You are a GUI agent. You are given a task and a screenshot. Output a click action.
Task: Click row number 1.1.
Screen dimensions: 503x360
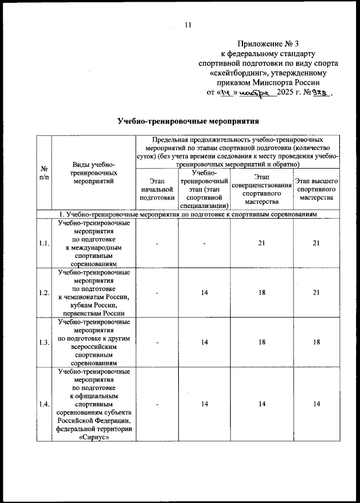pyautogui.click(x=44, y=243)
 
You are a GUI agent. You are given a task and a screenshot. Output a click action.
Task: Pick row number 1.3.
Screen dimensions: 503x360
pyautogui.click(x=44, y=342)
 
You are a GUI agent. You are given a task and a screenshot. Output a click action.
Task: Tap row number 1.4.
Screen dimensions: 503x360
pyautogui.click(x=44, y=404)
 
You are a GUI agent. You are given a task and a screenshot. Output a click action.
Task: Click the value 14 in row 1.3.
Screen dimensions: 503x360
pyautogui.click(x=205, y=342)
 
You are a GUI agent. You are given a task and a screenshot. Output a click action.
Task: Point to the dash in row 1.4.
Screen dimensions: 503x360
pyautogui.click(x=157, y=404)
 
